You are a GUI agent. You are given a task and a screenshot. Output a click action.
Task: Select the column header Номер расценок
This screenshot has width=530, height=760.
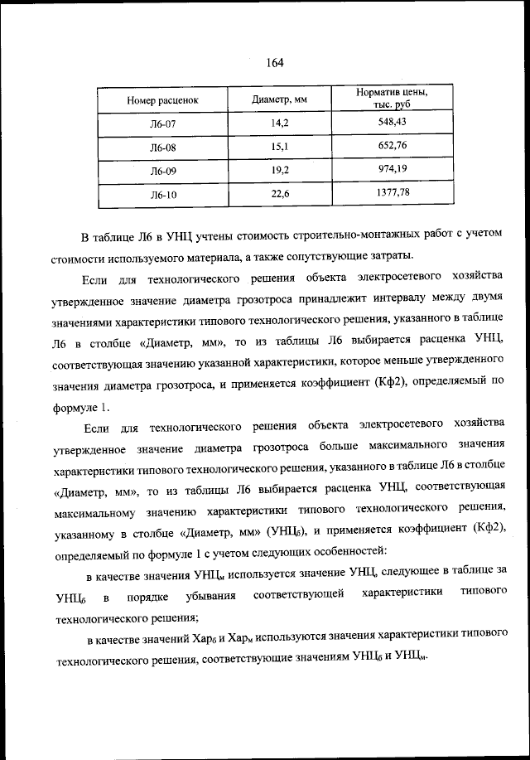pyautogui.click(x=162, y=101)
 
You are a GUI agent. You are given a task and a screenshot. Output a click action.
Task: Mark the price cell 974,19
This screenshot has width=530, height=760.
pyautogui.click(x=393, y=170)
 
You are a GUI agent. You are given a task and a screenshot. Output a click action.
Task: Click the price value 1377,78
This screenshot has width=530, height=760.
pyautogui.click(x=393, y=193)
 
